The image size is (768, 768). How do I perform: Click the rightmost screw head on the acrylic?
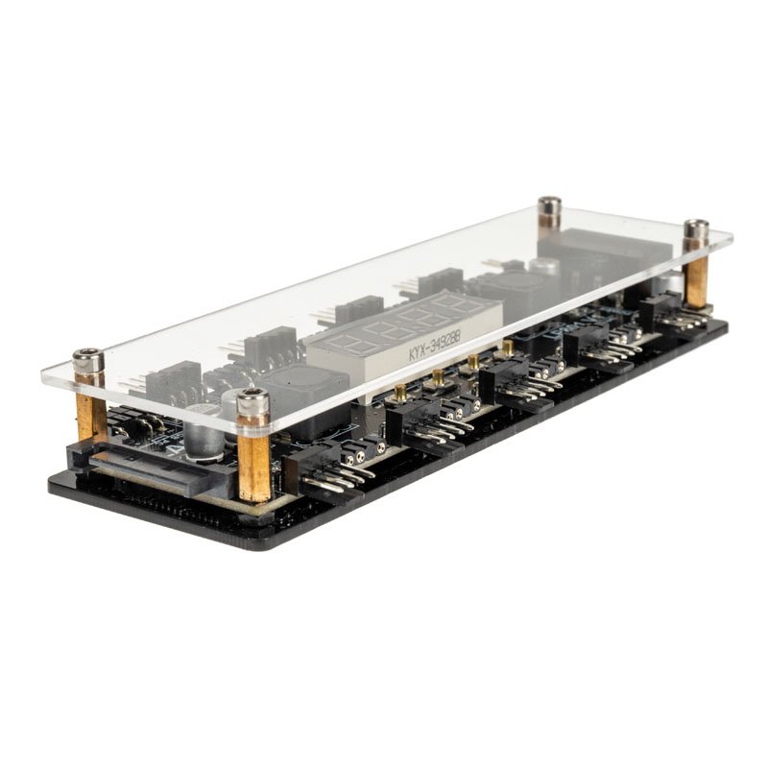point(696,229)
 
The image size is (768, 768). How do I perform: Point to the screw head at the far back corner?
point(549,205)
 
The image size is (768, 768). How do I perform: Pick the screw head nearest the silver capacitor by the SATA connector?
point(252,397)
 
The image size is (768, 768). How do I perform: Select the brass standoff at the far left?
point(92,413)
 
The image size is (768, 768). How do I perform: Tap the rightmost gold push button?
point(507,349)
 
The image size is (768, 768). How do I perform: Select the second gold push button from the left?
point(438,377)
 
